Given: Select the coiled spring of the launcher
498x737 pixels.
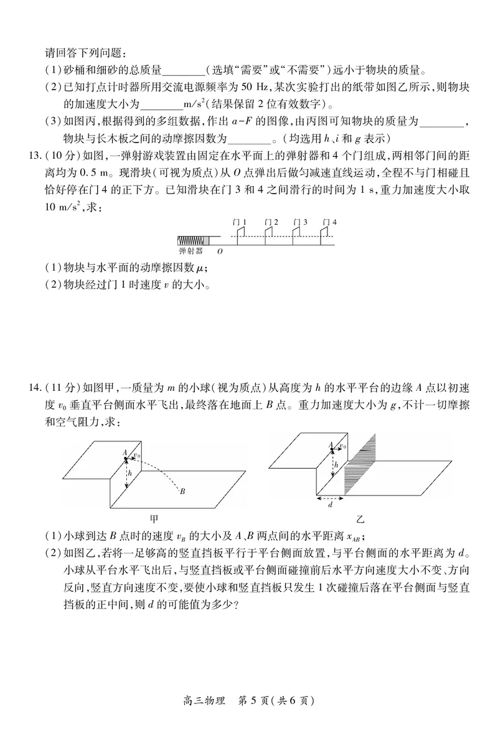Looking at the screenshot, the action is click(x=190, y=240).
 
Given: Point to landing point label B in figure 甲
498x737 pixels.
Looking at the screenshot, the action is click(x=183, y=492).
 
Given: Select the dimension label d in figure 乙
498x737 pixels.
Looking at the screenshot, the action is click(x=330, y=505).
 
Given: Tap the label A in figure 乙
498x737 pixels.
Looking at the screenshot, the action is click(x=331, y=444).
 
